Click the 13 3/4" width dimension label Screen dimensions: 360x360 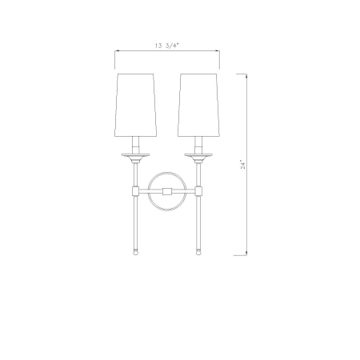(x=166, y=46)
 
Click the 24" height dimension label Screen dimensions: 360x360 (x=242, y=165)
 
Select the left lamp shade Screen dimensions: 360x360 (x=135, y=105)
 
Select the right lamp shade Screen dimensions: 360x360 (x=199, y=105)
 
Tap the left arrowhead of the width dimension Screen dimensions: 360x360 (x=117, y=50)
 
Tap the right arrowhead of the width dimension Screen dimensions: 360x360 (x=218, y=50)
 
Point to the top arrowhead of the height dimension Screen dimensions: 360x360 (x=246, y=76)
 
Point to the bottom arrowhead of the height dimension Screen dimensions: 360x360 (x=246, y=254)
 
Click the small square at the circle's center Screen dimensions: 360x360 (x=167, y=191)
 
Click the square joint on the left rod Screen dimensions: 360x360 (x=135, y=190)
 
